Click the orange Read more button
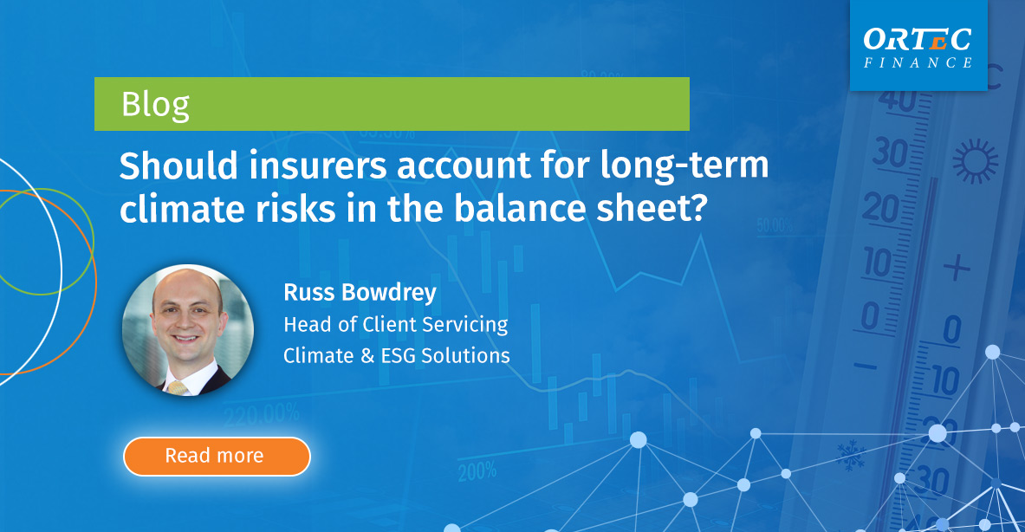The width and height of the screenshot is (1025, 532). point(216,456)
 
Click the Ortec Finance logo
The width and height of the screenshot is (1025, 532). point(918,47)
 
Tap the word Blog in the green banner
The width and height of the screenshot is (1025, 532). point(155,104)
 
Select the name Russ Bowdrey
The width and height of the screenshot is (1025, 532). point(360,293)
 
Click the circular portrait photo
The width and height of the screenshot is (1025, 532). point(188,330)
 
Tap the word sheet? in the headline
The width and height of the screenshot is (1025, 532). point(642,210)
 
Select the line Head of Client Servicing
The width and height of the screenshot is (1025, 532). point(395,325)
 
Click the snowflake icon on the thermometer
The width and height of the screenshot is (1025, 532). point(850,451)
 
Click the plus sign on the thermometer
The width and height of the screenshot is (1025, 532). point(956,268)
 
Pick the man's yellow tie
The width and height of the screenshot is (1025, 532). point(178,386)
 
